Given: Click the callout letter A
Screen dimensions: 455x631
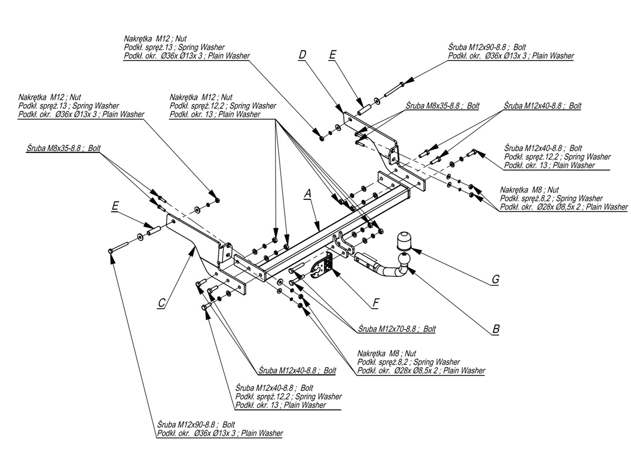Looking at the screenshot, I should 308,194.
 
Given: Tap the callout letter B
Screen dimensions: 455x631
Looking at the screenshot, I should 495,330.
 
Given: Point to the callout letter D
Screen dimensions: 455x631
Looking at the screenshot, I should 302,54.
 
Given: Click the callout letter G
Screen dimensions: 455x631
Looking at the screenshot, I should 495,280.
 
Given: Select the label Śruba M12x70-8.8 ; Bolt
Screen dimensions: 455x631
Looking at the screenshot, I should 396,329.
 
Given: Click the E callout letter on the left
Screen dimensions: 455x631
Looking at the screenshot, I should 115,207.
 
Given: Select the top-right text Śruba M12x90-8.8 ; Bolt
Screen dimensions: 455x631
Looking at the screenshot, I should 487,47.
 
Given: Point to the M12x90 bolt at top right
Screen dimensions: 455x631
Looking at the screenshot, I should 395,88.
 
